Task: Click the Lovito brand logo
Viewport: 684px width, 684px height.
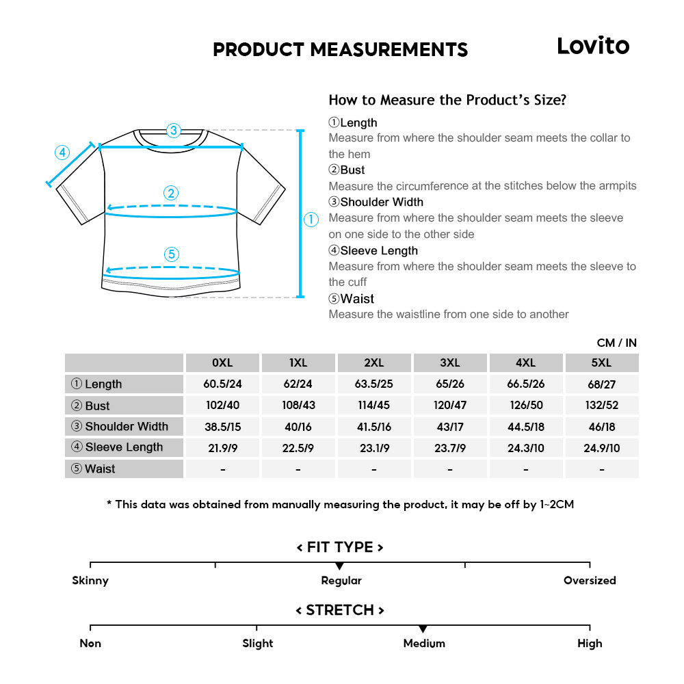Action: point(592,46)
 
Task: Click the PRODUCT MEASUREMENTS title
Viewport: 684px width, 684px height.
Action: point(340,50)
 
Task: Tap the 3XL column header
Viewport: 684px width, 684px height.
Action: point(449,363)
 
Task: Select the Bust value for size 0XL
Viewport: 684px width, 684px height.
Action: point(223,405)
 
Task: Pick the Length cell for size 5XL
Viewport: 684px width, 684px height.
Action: point(601,384)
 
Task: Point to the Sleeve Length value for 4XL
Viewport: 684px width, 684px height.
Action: point(525,447)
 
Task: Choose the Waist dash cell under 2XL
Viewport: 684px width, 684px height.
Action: point(374,469)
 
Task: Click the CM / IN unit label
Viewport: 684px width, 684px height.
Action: point(616,343)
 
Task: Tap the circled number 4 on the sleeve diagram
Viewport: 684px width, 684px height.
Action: point(62,152)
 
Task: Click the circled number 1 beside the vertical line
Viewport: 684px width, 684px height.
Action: point(311,220)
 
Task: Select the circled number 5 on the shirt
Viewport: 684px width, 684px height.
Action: point(172,254)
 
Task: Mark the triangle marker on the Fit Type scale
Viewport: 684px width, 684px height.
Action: point(339,566)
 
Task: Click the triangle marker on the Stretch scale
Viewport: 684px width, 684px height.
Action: point(423,629)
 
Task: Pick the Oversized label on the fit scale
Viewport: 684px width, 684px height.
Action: point(590,581)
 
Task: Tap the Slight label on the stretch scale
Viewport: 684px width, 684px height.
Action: point(257,644)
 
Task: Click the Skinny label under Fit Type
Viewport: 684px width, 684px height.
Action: point(90,581)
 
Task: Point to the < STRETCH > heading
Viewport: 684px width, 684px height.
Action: point(340,610)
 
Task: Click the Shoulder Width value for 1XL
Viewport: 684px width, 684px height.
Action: point(298,427)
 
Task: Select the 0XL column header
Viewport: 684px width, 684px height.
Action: point(223,363)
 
